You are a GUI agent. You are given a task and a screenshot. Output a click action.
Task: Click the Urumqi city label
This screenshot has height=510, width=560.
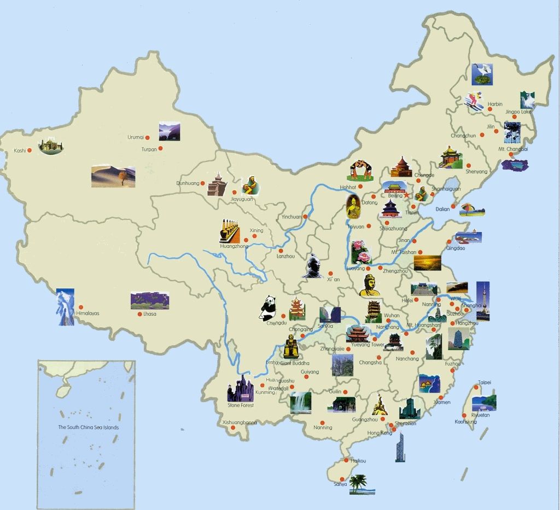135,137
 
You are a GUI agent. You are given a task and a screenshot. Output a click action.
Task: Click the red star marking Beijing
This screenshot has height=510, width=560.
406,195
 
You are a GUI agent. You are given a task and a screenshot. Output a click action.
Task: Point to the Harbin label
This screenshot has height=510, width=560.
495,104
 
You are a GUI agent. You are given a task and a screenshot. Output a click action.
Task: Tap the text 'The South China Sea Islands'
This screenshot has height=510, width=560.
88,427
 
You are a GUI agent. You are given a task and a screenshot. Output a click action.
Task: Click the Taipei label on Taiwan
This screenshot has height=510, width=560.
485,382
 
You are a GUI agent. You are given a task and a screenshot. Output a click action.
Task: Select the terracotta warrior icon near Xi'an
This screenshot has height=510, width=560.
313,266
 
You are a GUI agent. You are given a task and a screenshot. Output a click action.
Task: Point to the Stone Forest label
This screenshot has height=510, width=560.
241,405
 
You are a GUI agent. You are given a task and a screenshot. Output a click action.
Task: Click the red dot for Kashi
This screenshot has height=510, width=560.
31,150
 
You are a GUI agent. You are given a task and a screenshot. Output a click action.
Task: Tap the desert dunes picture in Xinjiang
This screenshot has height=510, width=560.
113,176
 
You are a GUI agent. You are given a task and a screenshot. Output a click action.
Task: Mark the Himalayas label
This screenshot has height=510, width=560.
88,314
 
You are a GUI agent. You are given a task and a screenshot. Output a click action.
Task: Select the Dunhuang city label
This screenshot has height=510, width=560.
188,183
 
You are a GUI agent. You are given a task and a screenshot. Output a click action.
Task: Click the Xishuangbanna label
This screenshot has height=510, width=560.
240,422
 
